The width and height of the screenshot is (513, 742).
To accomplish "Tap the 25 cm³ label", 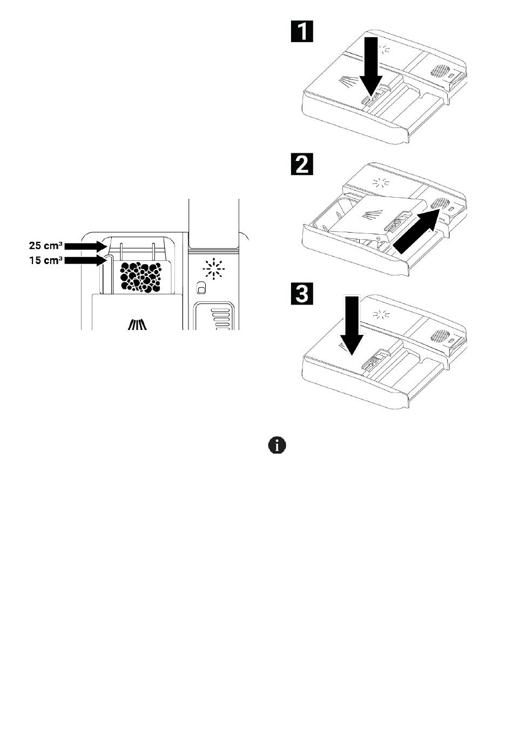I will [45, 246].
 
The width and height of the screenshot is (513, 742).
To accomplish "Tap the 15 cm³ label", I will [45, 260].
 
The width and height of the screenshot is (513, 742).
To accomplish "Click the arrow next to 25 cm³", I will [85, 246].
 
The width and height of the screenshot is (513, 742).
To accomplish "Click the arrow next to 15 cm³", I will [85, 260].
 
